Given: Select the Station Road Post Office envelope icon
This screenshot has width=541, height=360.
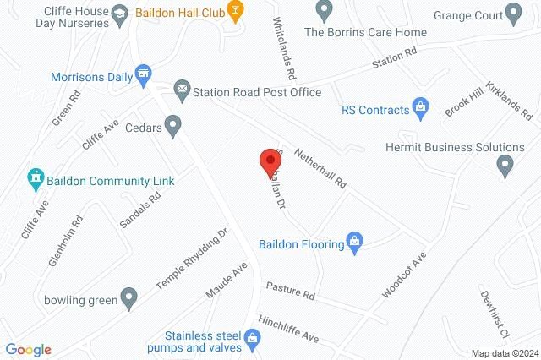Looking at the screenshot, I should point(182,89).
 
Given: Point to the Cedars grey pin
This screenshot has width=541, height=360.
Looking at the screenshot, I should point(174,127).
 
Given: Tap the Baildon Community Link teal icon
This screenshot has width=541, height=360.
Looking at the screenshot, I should point(35,177).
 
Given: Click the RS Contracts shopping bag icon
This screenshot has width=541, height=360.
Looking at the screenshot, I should point(420,107).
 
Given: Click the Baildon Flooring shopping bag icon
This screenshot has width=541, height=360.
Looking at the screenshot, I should point(356,243).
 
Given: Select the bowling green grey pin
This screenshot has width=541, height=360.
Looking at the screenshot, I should point(128,297).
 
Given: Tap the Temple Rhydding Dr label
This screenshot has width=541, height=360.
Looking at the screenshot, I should point(193,259).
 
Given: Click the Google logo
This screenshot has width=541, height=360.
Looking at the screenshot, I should point(28,350).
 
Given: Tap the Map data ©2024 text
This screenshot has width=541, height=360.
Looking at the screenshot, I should point(504,353).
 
